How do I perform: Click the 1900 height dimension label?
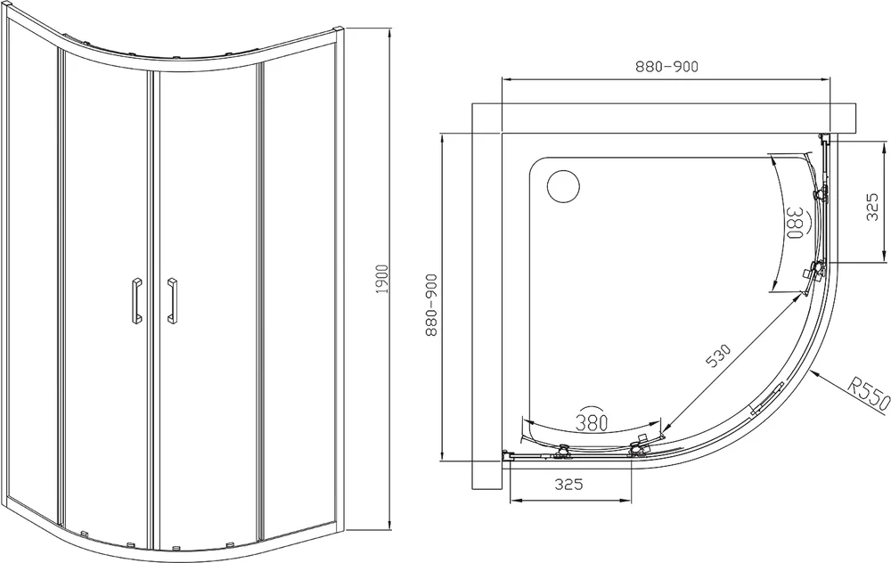click(x=382, y=280)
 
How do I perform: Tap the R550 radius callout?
click(x=867, y=394)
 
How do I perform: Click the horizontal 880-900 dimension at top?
click(x=666, y=67)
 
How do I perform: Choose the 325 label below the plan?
click(x=568, y=485)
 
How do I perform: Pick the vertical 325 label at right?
click(x=872, y=208)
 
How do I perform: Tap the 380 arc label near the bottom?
click(x=592, y=421)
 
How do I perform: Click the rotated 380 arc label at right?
click(x=794, y=222)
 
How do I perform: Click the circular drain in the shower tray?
click(x=563, y=186)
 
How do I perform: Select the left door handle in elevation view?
click(x=136, y=300)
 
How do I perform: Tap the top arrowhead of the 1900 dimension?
click(x=389, y=30)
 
